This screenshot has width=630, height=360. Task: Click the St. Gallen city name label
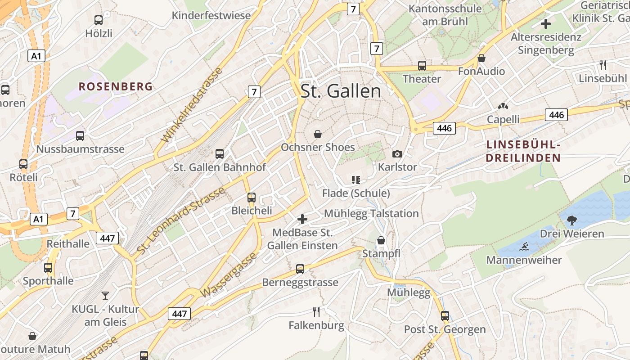(341, 91)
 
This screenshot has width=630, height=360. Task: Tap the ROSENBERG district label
(116, 86)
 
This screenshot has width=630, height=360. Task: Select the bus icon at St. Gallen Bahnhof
(220, 154)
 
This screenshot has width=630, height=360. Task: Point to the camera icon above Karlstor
(397, 154)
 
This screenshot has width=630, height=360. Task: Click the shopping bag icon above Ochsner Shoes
(318, 134)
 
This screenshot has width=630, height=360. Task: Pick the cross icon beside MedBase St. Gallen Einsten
(302, 219)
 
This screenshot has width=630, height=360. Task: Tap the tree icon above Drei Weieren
(572, 220)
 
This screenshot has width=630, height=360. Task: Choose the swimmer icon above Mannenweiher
(524, 247)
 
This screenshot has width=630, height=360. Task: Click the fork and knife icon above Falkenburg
(316, 311)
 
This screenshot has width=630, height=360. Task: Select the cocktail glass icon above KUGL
(105, 295)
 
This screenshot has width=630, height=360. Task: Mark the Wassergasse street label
(229, 275)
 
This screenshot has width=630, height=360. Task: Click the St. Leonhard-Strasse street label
(180, 220)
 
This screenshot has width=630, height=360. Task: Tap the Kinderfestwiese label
(211, 16)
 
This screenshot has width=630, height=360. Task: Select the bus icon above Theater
(422, 66)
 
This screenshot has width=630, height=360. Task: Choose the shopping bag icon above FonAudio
(481, 58)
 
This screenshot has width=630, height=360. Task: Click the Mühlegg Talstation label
(371, 213)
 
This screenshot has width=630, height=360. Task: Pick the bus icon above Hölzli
(99, 20)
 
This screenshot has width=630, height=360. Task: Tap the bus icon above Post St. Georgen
(445, 316)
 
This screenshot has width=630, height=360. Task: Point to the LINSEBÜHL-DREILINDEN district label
(523, 151)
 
